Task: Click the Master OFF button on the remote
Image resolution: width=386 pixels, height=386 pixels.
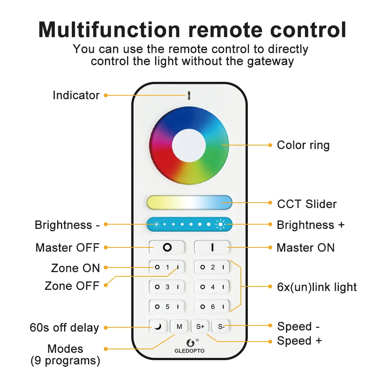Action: (x=167, y=247)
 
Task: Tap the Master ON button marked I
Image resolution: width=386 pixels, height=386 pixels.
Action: (x=212, y=247)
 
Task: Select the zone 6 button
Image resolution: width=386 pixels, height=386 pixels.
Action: (x=212, y=307)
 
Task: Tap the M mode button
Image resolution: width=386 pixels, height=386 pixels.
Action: (x=179, y=327)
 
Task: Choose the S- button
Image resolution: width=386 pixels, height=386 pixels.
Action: (x=221, y=327)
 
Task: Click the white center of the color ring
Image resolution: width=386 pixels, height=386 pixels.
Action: (x=189, y=145)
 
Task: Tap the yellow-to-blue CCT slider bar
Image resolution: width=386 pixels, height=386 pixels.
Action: (x=189, y=203)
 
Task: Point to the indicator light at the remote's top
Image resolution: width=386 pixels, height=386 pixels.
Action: (x=189, y=95)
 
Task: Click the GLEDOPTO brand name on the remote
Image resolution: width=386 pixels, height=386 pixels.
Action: (x=190, y=351)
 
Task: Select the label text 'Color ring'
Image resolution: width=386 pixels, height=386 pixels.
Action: (x=303, y=146)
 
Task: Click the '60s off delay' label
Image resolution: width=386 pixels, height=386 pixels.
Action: (x=64, y=328)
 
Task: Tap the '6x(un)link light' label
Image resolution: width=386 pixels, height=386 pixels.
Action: (x=317, y=287)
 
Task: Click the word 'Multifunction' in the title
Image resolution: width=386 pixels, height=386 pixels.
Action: (x=109, y=30)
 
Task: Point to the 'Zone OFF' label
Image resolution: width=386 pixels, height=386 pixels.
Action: (x=72, y=286)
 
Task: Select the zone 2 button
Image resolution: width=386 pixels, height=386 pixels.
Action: (x=212, y=267)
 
